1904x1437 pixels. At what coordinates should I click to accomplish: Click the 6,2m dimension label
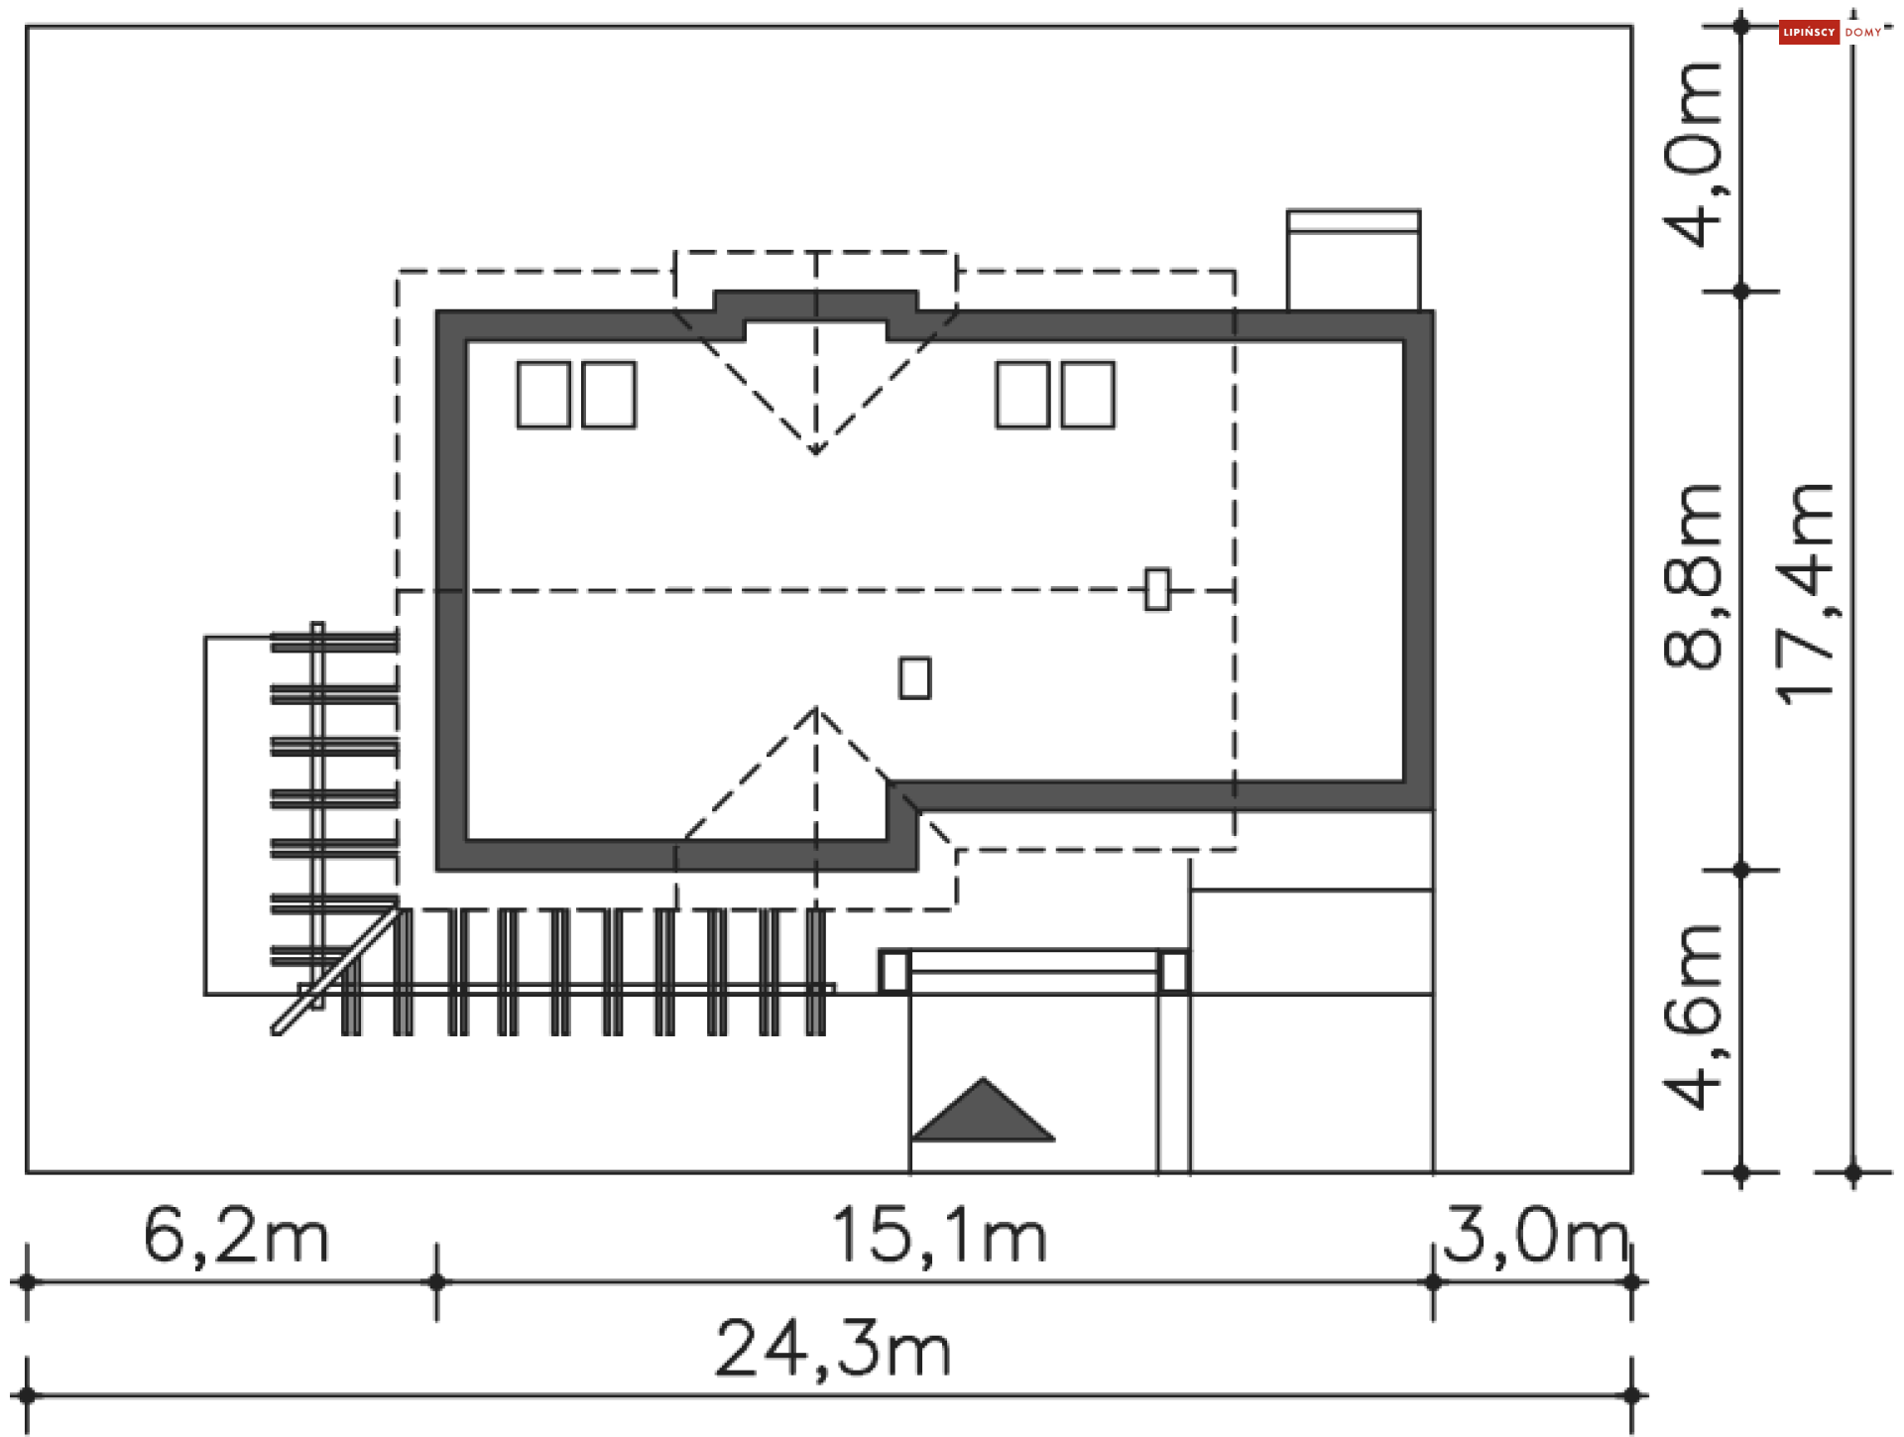coord(235,1237)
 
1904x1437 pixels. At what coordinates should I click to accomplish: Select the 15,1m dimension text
coord(938,1237)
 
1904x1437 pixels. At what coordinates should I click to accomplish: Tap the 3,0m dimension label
coord(1534,1237)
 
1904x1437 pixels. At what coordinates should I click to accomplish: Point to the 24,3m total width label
coord(833,1350)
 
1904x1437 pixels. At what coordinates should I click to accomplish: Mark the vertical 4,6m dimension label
coord(1694,1017)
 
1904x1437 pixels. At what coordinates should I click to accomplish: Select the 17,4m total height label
coord(1805,595)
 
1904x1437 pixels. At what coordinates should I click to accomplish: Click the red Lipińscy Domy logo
coord(1808,33)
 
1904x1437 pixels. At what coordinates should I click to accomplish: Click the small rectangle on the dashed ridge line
coord(1156,589)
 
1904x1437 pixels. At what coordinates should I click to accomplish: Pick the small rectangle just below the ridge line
coord(914,678)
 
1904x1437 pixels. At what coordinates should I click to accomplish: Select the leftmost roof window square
coord(543,395)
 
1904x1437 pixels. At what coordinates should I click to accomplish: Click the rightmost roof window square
coord(1088,395)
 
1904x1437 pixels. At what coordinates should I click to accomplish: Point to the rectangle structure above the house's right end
coord(1353,260)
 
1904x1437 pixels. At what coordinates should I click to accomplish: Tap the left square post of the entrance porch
coord(893,971)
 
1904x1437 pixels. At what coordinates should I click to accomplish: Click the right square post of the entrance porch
coord(1172,971)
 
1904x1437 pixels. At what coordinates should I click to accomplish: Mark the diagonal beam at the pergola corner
coord(335,972)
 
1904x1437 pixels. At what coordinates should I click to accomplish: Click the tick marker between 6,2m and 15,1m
coord(437,1282)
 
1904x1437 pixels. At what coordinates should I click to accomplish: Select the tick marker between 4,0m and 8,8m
coord(1741,292)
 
